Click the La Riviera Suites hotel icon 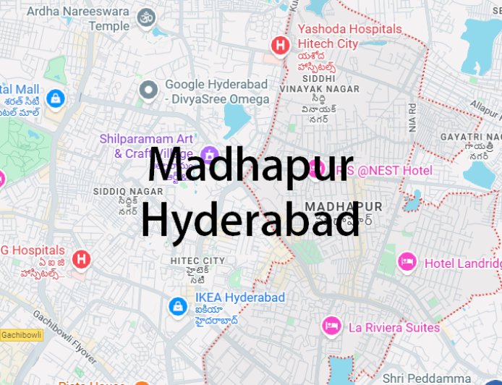pos(332,326)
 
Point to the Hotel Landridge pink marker pos(407,262)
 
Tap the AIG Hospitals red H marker pos(81,258)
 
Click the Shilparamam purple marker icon pos(210,154)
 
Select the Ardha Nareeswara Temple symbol pos(148,17)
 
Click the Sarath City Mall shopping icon pos(54,98)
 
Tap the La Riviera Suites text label pos(394,327)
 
